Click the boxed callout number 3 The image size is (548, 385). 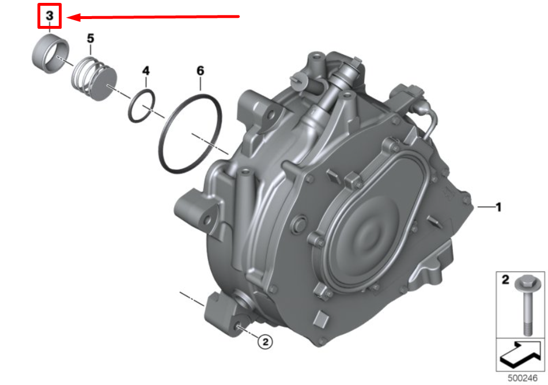click(x=50, y=16)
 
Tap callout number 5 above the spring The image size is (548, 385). click(x=90, y=38)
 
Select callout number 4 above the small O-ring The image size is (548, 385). click(x=146, y=71)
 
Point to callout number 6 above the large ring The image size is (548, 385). click(x=201, y=71)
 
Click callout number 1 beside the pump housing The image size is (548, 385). click(x=498, y=207)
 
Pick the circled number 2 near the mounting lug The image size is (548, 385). click(x=265, y=342)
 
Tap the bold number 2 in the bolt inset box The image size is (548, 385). click(x=505, y=280)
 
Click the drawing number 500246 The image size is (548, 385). click(x=523, y=378)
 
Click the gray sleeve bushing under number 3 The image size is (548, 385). click(x=50, y=54)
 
